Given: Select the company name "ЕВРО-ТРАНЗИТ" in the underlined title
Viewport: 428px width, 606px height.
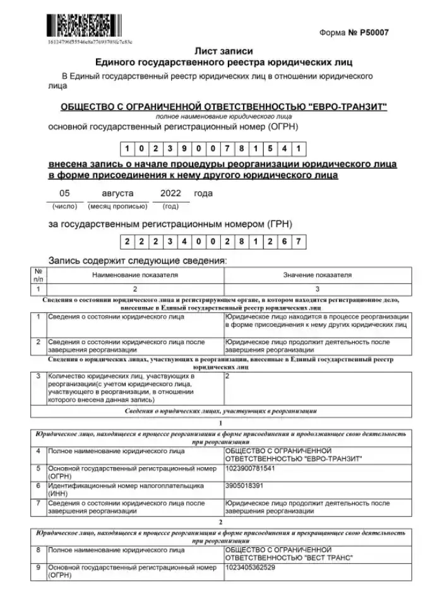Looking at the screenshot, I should (345, 107).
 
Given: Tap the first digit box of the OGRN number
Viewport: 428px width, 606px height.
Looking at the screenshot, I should (128, 149).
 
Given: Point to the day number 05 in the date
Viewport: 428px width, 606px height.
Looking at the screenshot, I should (64, 193).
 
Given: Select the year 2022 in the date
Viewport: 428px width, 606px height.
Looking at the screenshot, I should (170, 193).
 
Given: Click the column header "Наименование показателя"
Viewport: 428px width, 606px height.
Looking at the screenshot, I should (135, 275).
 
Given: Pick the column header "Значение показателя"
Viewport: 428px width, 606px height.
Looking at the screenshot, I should (318, 275).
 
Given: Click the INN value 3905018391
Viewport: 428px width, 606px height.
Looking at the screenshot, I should (244, 485).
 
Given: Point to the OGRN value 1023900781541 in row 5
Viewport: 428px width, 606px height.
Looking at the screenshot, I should (250, 469).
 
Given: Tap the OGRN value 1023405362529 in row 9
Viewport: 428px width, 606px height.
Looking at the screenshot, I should (250, 567).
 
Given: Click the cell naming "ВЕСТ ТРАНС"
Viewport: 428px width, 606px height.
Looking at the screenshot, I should (288, 554).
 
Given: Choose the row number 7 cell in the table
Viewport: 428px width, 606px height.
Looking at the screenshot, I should (39, 502).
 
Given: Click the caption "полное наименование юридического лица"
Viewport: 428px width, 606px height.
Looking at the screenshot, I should (223, 117).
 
